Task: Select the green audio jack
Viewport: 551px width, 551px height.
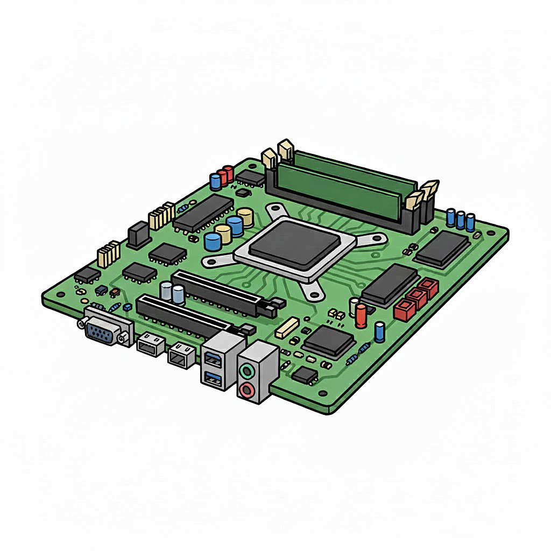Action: click(247, 371)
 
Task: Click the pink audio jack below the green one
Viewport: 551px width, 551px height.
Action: click(246, 390)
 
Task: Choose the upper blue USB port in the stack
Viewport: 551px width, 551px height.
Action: click(212, 359)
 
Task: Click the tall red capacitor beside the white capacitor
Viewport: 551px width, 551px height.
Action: click(361, 315)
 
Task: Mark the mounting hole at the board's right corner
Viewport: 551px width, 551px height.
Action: click(491, 232)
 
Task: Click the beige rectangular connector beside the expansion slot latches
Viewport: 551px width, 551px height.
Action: click(287, 327)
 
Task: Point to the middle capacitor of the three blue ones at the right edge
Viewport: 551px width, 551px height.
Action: click(461, 218)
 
